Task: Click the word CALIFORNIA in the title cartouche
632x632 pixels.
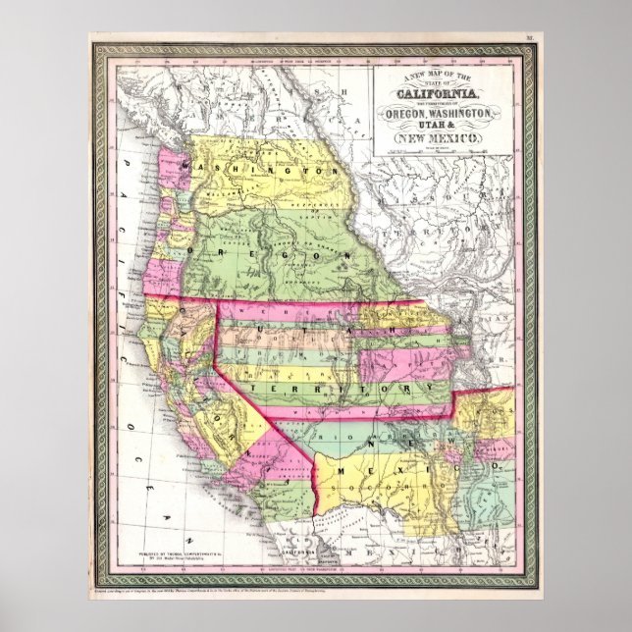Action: (439, 93)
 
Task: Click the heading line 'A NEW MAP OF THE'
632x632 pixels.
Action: (439, 77)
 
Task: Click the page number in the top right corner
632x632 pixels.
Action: (529, 40)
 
